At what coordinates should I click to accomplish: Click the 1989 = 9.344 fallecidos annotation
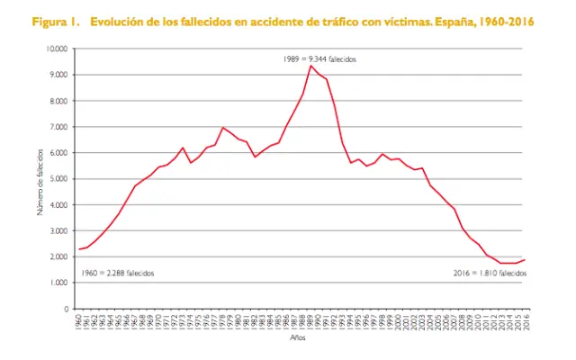pos(320,58)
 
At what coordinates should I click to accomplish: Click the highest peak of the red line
pos(310,66)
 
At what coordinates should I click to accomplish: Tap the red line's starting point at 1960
pos(79,249)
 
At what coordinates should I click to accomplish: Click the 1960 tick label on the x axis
pos(79,321)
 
